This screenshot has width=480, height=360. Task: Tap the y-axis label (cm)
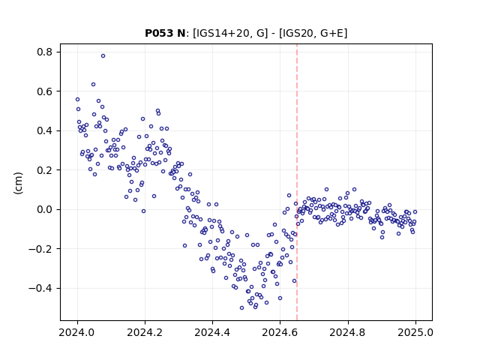click(x=18, y=183)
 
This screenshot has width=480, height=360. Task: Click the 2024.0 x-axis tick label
click(x=77, y=332)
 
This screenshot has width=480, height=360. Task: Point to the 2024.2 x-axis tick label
click(x=145, y=332)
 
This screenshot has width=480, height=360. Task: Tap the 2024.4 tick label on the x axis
click(x=212, y=332)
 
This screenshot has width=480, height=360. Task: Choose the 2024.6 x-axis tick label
click(x=280, y=332)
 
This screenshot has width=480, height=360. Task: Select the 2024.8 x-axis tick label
click(x=348, y=332)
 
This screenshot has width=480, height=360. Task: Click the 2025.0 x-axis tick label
click(x=415, y=332)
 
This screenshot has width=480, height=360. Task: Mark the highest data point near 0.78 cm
click(x=103, y=55)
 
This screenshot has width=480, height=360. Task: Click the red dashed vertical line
click(x=297, y=182)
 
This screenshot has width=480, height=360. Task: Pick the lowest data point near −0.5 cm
click(x=241, y=307)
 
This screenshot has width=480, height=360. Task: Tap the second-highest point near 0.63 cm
click(x=93, y=84)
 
